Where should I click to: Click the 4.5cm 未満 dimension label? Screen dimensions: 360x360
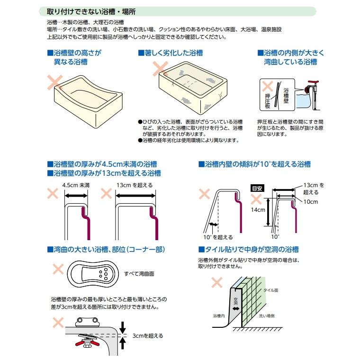click(76, 185)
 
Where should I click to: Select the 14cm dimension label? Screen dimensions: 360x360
click(259, 210)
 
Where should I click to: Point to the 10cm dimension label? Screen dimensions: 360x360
click(310, 201)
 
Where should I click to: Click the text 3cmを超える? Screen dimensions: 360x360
click(147, 335)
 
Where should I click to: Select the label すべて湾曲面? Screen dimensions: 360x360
click(139, 273)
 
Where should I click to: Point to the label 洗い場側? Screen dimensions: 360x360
click(266, 315)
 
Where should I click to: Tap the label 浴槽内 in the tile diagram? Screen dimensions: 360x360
click(218, 315)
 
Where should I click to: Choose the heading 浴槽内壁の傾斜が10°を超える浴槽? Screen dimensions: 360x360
click(254, 164)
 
